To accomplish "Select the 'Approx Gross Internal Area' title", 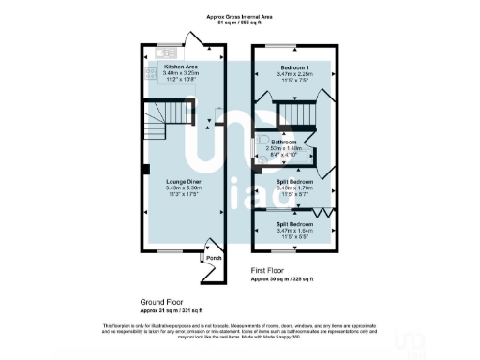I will coord(239,17).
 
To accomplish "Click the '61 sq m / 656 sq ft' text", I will coord(239,23).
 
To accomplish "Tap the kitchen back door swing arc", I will coord(194,39).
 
